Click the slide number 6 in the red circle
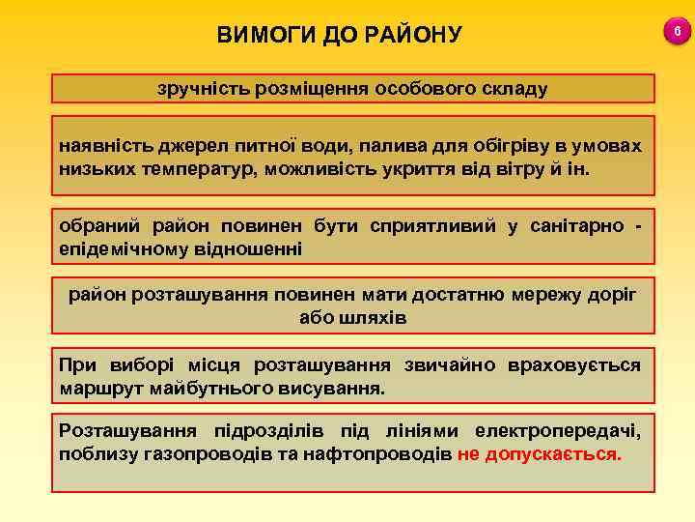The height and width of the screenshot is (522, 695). tap(677, 34)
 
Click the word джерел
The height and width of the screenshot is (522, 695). tap(179, 145)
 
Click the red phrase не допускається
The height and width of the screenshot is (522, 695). tap(540, 452)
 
